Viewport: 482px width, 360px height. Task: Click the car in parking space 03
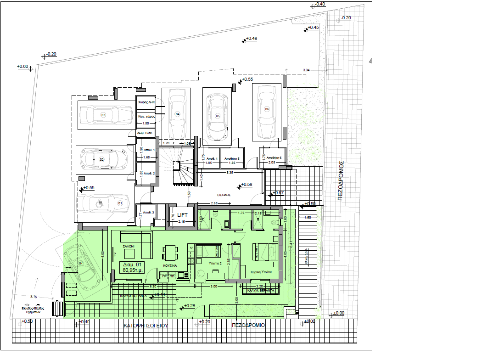click(x=104, y=115)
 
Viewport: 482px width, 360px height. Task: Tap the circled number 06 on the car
click(x=267, y=109)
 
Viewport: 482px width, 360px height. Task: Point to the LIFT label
click(x=177, y=214)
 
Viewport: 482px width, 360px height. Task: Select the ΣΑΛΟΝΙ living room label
click(x=128, y=247)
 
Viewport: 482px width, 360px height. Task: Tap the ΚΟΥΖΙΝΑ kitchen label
click(x=170, y=266)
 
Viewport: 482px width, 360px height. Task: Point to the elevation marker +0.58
click(x=247, y=185)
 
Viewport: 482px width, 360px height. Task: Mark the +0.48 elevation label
click(x=251, y=38)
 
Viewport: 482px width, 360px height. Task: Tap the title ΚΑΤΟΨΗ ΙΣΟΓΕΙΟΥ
click(x=146, y=325)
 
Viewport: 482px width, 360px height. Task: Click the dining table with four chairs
click(x=170, y=253)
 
